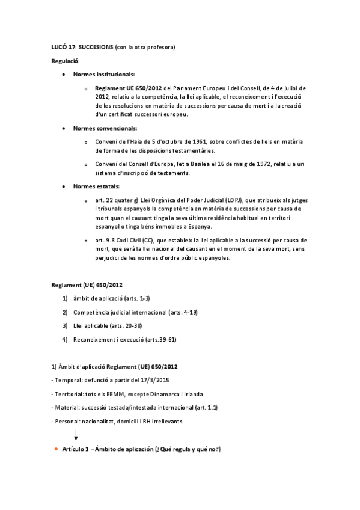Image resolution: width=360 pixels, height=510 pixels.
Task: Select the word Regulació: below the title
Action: [65, 61]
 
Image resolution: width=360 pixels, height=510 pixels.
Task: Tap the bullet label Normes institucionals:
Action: [103, 75]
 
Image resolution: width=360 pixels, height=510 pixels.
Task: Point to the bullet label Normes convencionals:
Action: [105, 128]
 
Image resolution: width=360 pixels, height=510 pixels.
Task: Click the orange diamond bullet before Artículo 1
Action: [56, 449]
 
